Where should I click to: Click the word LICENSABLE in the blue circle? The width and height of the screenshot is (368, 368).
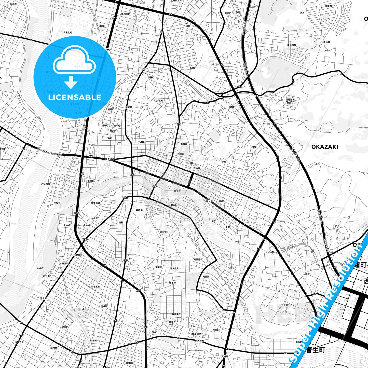pyautogui.click(x=75, y=97)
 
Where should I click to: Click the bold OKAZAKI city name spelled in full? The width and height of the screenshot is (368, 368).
pyautogui.click(x=325, y=147)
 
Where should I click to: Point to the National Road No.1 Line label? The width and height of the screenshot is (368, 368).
pyautogui.click(x=50, y=152)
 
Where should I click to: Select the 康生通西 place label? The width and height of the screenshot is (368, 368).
pyautogui.click(x=110, y=159)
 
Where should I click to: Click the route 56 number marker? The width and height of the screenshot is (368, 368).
pyautogui.click(x=31, y=40)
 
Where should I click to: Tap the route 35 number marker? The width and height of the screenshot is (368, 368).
pyautogui.click(x=314, y=294)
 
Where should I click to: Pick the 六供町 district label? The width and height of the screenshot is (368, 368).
pyautogui.click(x=159, y=101)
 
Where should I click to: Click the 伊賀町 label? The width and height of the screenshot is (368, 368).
pyautogui.click(x=151, y=77)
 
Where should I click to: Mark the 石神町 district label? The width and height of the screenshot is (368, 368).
pyautogui.click(x=193, y=68)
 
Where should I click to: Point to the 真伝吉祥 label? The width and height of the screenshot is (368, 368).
pyautogui.click(x=292, y=45)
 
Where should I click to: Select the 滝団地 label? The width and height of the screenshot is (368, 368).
pyautogui.click(x=328, y=6)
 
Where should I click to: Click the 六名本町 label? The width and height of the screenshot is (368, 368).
pyautogui.click(x=78, y=255)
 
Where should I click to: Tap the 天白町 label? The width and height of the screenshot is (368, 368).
pyautogui.click(x=43, y=298)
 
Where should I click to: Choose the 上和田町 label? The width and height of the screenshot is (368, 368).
pyautogui.click(x=52, y=348)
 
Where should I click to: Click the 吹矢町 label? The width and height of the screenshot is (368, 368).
pyautogui.click(x=174, y=205)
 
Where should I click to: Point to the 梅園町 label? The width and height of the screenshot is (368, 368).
pyautogui.click(x=184, y=144)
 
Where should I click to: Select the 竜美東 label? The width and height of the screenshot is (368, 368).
pyautogui.click(x=206, y=277)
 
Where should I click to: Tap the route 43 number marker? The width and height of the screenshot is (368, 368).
pyautogui.click(x=80, y=361)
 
